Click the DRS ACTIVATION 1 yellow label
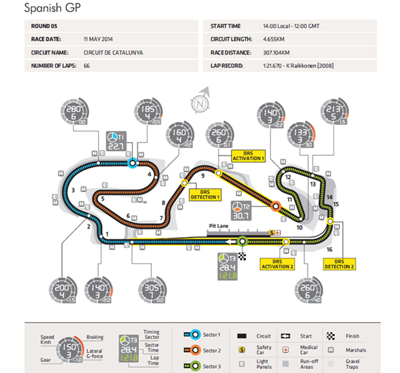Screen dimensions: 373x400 point(249,155)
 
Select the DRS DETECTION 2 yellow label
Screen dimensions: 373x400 point(344,264)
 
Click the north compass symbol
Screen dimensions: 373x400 point(199,104)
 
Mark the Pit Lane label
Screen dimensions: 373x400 point(218,226)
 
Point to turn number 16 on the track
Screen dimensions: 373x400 point(329,249)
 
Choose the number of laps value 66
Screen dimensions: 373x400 point(87,66)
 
